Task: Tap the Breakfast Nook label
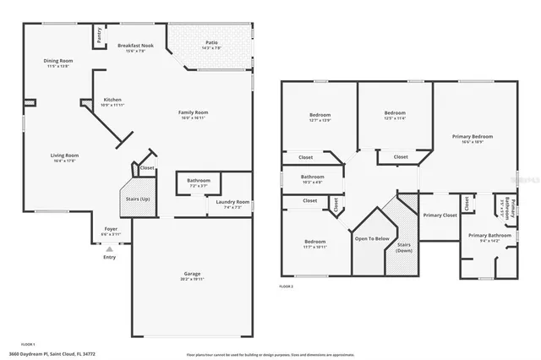point(135,46)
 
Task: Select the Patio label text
point(212,41)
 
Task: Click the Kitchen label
point(112,100)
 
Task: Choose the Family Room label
point(194,112)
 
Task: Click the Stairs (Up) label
point(138,199)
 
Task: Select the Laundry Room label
point(231,202)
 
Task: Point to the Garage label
point(193,274)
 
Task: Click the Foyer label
point(111,229)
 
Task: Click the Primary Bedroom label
point(473,136)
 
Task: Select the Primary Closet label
point(440,215)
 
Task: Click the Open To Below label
point(371,238)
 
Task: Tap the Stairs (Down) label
point(403,247)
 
